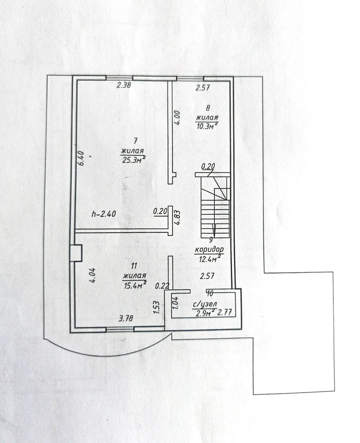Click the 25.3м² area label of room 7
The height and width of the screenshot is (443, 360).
coord(133,160)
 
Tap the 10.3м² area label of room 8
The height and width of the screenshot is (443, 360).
coord(207,126)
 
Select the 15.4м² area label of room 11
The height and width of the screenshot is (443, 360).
coord(135,285)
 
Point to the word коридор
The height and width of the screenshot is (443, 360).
coord(209,249)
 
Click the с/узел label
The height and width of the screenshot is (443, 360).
coord(205,305)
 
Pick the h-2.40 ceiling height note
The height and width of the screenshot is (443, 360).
coord(104,214)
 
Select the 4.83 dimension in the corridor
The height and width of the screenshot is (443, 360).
coord(177,218)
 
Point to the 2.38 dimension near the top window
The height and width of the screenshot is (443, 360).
coord(124,85)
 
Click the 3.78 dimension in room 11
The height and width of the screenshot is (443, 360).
coord(126,318)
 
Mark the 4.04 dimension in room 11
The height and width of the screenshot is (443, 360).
coord(92,275)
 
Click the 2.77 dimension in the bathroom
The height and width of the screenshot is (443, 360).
coord(225,312)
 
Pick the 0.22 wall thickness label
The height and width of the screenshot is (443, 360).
coord(162,286)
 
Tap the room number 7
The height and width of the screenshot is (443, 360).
coord(136,141)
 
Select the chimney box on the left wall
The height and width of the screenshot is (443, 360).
coord(76,253)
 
